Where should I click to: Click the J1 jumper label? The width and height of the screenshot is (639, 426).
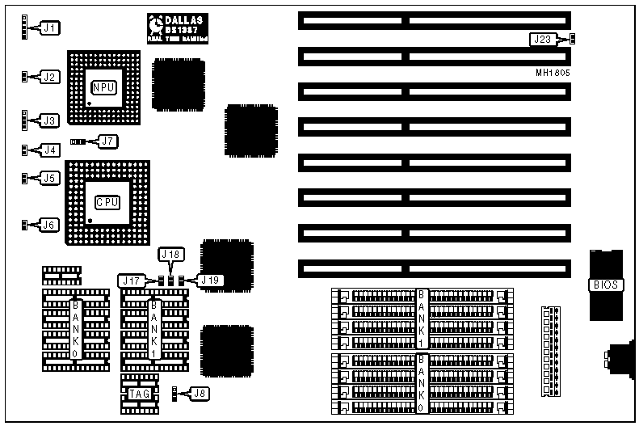[50, 28]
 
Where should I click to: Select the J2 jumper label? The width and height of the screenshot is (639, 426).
[50, 77]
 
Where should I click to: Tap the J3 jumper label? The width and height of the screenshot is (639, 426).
[50, 120]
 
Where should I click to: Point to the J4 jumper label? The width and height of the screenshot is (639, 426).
[50, 150]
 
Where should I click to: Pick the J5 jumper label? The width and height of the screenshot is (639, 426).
[50, 178]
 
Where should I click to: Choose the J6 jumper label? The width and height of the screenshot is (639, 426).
[50, 225]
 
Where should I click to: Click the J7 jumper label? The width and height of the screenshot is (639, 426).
[107, 141]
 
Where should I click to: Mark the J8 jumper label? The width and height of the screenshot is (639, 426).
[199, 394]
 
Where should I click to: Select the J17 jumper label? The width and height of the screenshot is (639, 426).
[132, 280]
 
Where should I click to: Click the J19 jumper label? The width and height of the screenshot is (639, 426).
[210, 280]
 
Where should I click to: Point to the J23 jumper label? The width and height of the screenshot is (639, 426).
[543, 38]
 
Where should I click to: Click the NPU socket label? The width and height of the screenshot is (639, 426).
[103, 86]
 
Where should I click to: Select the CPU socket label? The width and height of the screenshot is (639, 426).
[107, 202]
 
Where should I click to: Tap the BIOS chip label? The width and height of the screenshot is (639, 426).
[606, 285]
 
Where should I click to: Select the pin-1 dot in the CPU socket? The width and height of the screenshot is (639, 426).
[90, 220]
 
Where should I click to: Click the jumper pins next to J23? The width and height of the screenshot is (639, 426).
[572, 38]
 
